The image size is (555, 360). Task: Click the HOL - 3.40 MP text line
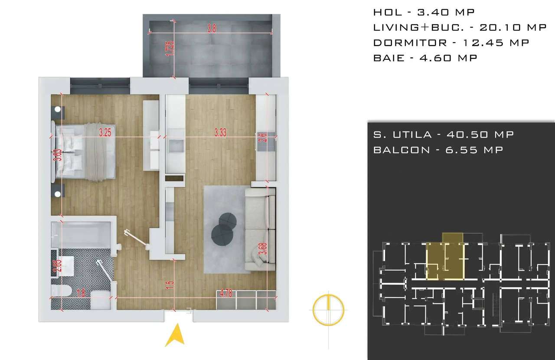pos(424,12)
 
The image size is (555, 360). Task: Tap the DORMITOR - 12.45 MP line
pos(451,43)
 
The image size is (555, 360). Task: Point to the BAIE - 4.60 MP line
pos(425,58)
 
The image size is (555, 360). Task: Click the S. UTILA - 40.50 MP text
pos(443,134)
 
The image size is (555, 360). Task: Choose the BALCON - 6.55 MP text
pos(438,150)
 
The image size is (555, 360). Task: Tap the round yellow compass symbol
pos(329,309)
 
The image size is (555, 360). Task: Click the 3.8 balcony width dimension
pos(212,29)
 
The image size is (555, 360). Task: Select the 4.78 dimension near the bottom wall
pos(226,294)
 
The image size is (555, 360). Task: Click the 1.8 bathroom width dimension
pos(80,294)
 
